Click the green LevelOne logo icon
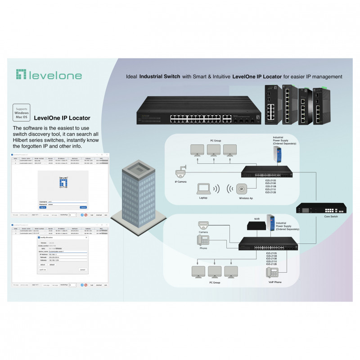click(22, 75)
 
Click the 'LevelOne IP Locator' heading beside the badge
click(63, 118)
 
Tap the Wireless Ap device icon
click(241, 189)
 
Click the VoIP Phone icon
click(272, 272)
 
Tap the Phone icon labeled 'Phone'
click(203, 241)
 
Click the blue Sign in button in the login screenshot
click(43, 207)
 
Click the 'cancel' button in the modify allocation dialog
click(82, 270)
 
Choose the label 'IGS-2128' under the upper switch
click(271, 193)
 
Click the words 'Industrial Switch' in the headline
click(160, 77)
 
